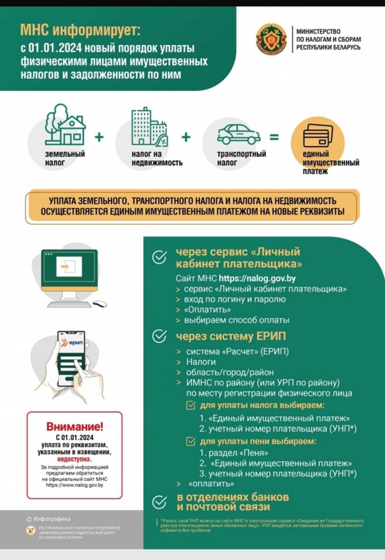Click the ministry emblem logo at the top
(x=271, y=39)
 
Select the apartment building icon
(x=148, y=127)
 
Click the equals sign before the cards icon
(x=274, y=137)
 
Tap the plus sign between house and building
(x=99, y=137)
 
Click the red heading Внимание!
(x=74, y=427)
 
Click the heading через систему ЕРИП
(x=230, y=336)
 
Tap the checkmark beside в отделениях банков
(x=159, y=502)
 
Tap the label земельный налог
(x=65, y=158)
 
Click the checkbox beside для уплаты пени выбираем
(x=190, y=441)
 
